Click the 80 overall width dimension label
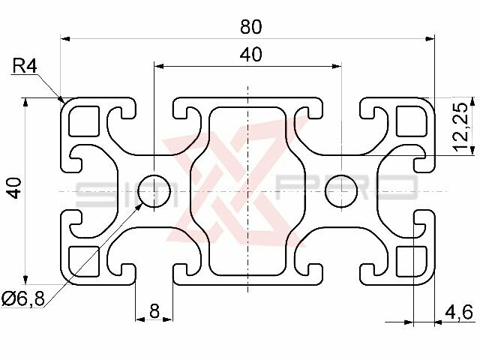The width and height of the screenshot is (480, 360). point(250,27)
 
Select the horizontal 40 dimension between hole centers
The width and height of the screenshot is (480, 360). point(250,55)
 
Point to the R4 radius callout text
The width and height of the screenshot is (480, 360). point(24,67)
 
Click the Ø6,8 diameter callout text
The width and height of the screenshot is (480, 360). point(22,298)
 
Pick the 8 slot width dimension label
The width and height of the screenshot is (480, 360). point(154,310)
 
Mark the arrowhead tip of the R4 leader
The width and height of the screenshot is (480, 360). point(63,100)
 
